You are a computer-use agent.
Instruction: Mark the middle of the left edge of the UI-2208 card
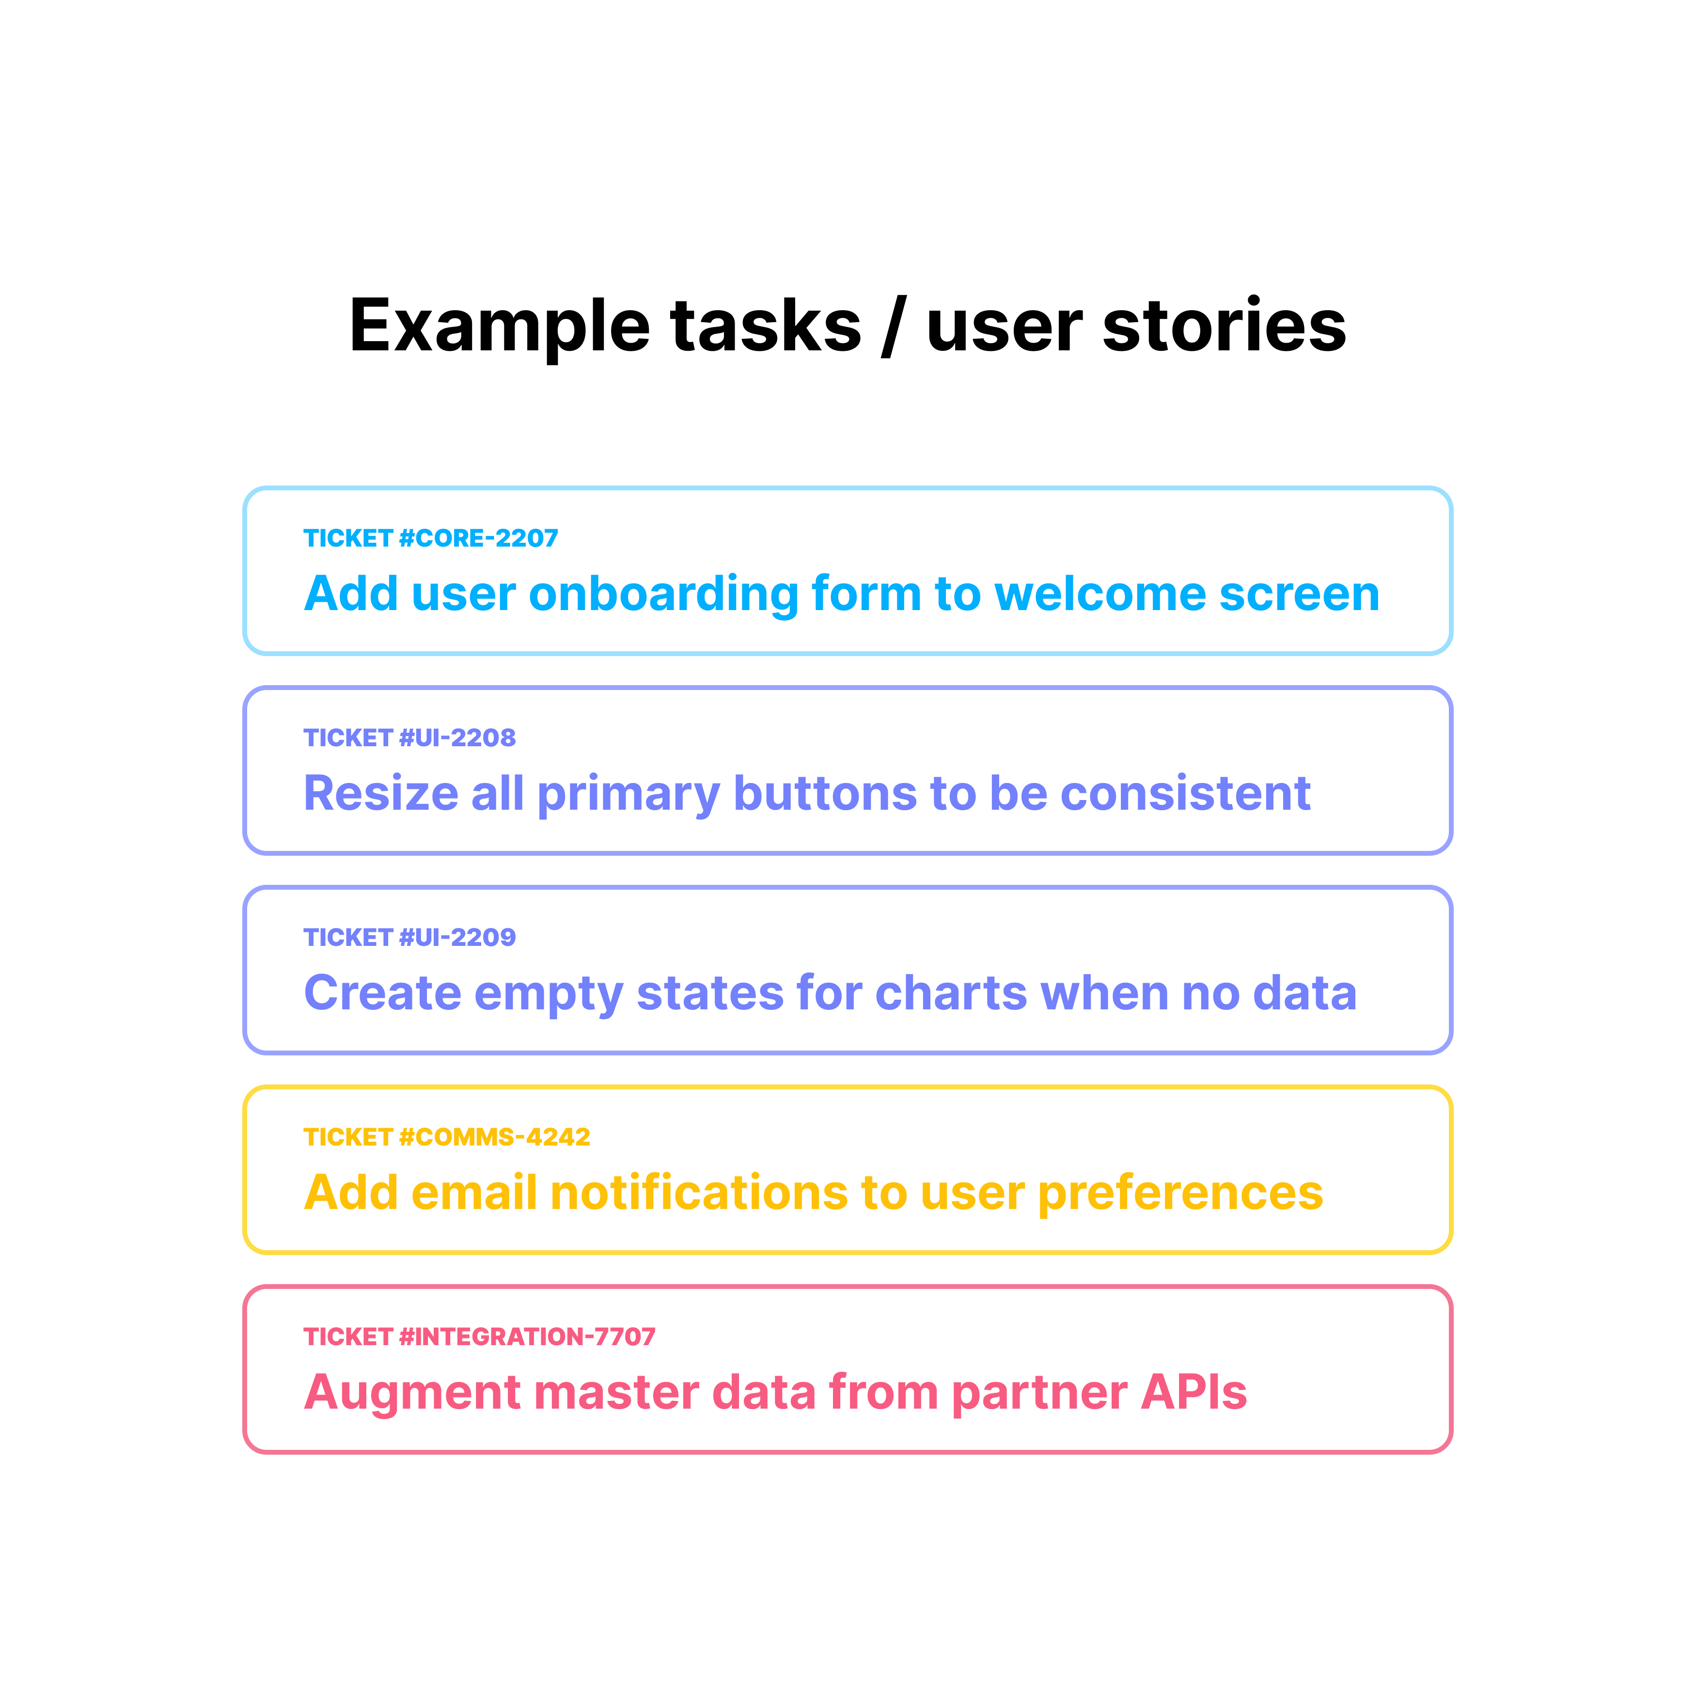pos(245,770)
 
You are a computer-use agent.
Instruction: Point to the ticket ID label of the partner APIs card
pos(479,1337)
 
